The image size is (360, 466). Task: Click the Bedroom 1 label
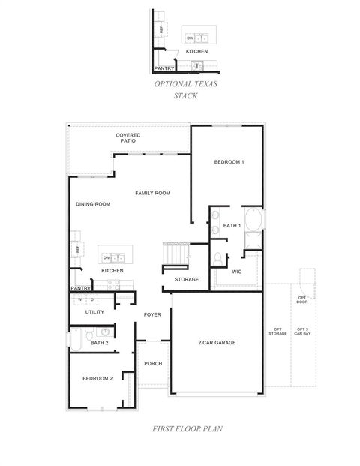point(229,162)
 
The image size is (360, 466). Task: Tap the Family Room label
point(152,193)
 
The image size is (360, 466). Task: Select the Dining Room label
point(93,204)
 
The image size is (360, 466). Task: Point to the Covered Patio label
point(128,138)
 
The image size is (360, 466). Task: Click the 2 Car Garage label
point(217,342)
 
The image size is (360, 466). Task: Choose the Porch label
point(153,363)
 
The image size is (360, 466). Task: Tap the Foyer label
point(153,314)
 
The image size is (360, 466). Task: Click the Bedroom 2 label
point(97,379)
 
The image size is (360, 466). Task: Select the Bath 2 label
point(100,344)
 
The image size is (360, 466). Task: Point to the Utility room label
point(94,311)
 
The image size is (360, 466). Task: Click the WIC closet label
point(236,272)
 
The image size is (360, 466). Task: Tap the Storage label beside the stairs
point(187,279)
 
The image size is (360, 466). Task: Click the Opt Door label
point(302,299)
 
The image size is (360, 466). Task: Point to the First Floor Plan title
point(179,430)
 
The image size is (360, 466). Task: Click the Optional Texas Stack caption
point(185,89)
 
